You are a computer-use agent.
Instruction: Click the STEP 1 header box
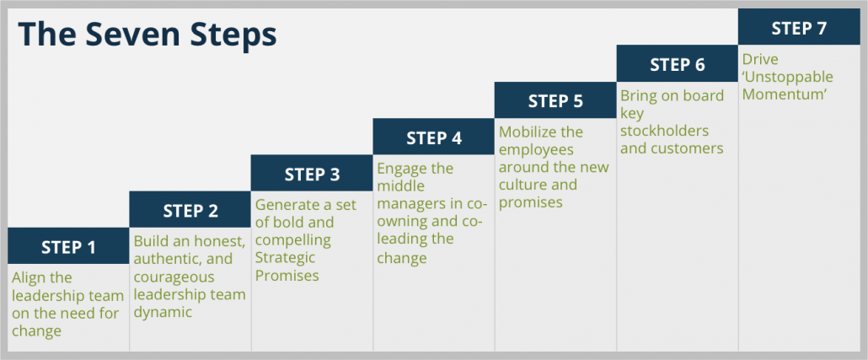[x=68, y=246]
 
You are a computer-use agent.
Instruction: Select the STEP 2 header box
[x=190, y=209]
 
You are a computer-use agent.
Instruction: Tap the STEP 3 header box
[x=312, y=173]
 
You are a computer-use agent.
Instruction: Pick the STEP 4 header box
[x=434, y=137]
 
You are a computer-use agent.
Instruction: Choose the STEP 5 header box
[x=556, y=100]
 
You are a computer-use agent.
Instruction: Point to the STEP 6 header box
[x=678, y=64]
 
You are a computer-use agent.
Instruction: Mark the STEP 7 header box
[x=800, y=27]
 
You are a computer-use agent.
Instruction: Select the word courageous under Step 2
[x=174, y=277]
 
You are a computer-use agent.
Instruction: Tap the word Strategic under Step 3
[x=285, y=258]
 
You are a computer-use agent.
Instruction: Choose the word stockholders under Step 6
[x=664, y=132]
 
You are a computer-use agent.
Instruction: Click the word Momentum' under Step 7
[x=785, y=94]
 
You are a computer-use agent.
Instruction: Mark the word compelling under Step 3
[x=292, y=241]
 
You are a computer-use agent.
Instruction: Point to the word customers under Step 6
[x=689, y=148]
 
